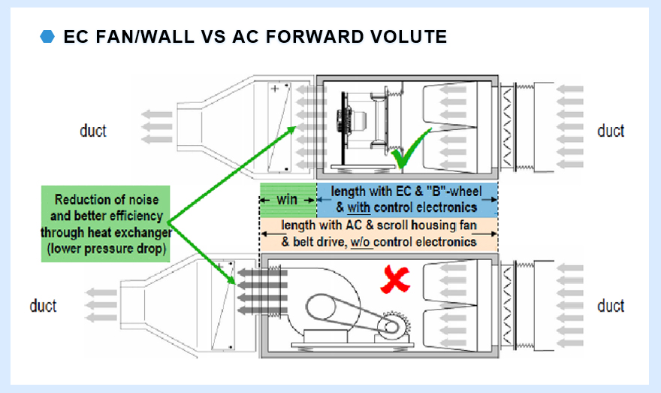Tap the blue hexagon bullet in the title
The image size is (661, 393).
pos(47,37)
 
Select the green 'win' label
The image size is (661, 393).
pos(288,201)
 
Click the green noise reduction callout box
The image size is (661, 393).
pos(106,225)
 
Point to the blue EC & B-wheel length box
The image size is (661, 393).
pos(408,200)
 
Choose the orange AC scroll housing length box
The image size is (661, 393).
pos(379,234)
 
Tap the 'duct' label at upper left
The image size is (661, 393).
pos(93,131)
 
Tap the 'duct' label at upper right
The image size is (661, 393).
pos(611,131)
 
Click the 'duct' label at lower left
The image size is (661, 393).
pos(44,306)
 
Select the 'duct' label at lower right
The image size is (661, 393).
pos(611,306)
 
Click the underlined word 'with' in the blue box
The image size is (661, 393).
pos(360,207)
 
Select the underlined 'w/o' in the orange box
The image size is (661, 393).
pos(363,242)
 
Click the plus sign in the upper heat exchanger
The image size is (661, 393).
pos(275,89)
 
